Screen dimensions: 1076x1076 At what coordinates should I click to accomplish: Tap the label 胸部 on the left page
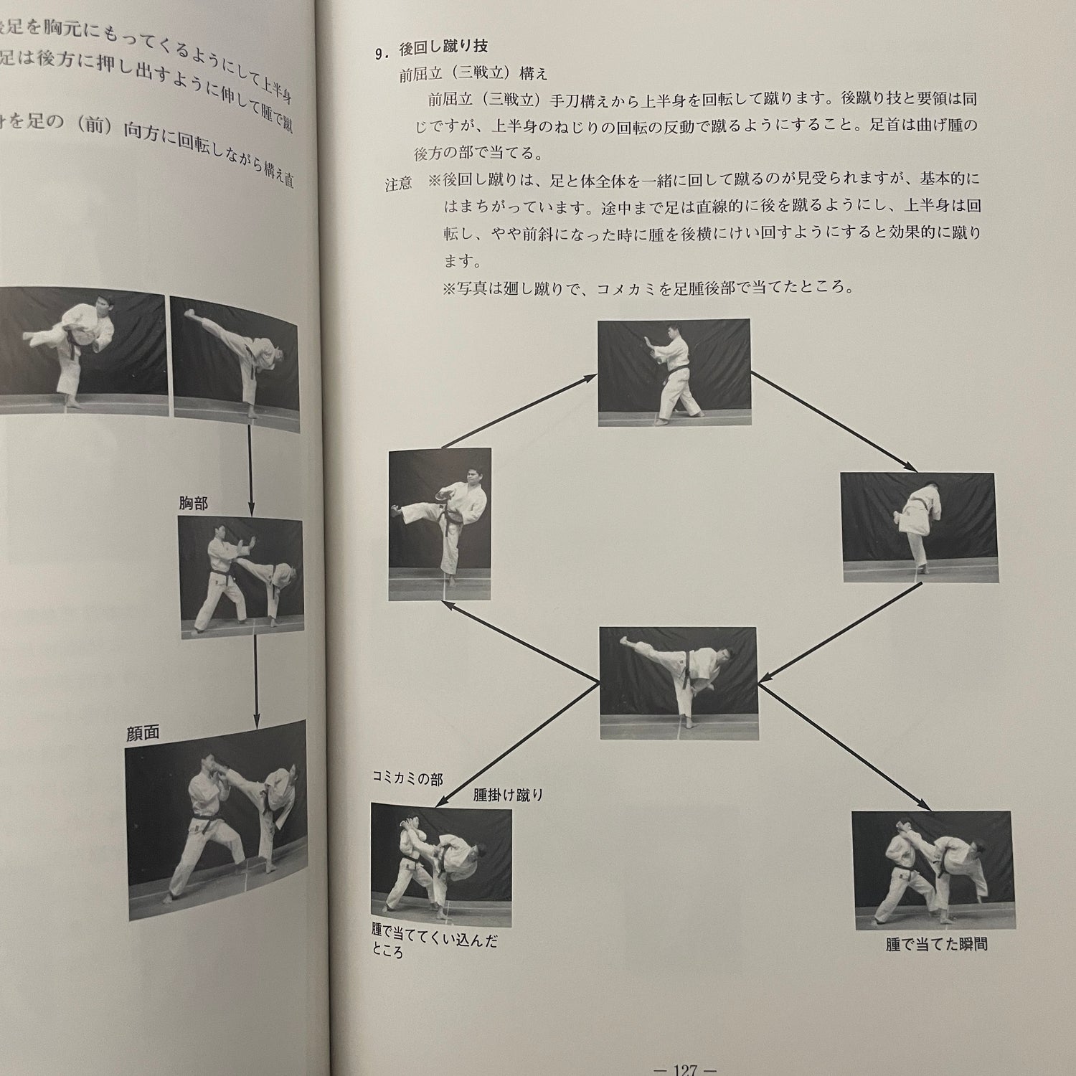pyautogui.click(x=194, y=504)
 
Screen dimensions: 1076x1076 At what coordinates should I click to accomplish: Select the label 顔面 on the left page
pyautogui.click(x=142, y=733)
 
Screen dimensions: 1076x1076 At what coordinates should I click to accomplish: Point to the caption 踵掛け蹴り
pyautogui.click(x=508, y=795)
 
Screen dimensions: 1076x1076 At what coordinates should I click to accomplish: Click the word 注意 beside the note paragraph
pyautogui.click(x=398, y=184)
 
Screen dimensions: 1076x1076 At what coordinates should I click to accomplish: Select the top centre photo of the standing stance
pyautogui.click(x=674, y=372)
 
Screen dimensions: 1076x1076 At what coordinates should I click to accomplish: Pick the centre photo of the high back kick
pyautogui.click(x=679, y=682)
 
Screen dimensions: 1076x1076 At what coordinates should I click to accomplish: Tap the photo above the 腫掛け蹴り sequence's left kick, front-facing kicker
pyautogui.click(x=440, y=524)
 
